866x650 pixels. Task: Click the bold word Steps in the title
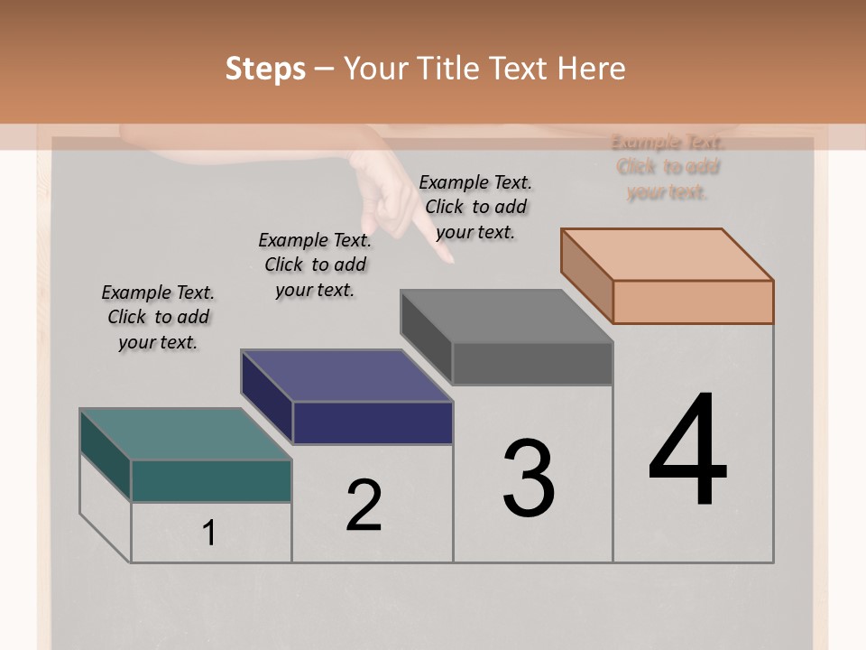click(x=265, y=69)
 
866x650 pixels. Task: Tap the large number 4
click(x=688, y=450)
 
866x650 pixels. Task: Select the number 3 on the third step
click(x=529, y=478)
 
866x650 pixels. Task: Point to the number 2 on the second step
click(x=364, y=506)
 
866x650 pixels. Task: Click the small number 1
click(x=209, y=533)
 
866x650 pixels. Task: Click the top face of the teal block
click(x=185, y=434)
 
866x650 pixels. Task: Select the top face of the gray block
click(x=507, y=316)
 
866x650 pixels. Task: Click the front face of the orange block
click(x=693, y=302)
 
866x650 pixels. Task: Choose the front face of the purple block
click(x=373, y=422)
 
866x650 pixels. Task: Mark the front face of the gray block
click(x=532, y=364)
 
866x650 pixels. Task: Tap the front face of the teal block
click(x=211, y=480)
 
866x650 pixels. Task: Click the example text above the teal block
click(x=158, y=317)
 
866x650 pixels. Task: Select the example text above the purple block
click(x=315, y=265)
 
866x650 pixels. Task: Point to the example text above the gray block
click(x=475, y=207)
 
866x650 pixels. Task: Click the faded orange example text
click(x=668, y=167)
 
